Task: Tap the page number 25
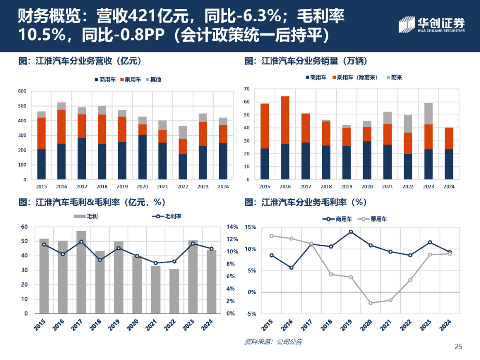coord(459,347)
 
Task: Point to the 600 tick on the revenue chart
coord(22,92)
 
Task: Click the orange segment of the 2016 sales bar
coord(285,120)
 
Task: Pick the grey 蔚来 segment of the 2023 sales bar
coord(428,113)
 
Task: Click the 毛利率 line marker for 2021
coord(156,263)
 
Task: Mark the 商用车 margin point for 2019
coord(351,232)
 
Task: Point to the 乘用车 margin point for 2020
coord(371,303)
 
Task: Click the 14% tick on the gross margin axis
coord(233,227)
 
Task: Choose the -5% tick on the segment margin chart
coord(250,314)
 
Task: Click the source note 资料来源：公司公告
coord(273,342)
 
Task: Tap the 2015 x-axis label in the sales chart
coord(264,187)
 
